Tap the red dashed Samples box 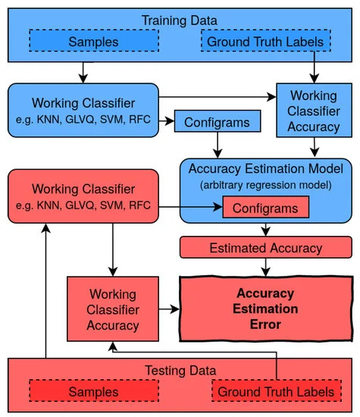93,392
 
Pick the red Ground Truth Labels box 273,392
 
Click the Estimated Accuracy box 265,247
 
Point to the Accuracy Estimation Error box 265,309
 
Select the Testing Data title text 180,371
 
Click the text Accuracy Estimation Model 265,168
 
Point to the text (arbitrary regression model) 265,183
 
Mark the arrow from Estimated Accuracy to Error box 265,267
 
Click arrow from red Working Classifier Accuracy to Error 167,309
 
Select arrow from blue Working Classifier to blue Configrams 167,121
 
